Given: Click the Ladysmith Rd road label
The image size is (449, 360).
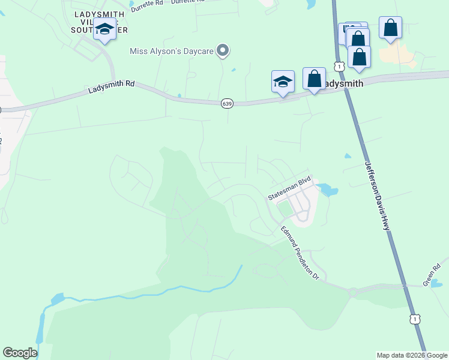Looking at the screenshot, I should [111, 87].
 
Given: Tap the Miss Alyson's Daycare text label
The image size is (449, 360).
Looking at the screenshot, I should [172, 51].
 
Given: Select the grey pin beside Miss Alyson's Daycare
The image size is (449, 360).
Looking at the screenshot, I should [223, 50].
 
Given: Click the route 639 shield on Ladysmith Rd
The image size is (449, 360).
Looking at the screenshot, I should [226, 103].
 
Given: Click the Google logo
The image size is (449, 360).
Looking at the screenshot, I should [20, 352].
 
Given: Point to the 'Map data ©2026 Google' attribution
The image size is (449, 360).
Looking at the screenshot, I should [411, 355].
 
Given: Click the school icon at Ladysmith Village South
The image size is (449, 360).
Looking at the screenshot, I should [104, 29].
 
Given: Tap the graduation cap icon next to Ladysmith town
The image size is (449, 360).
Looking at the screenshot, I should [283, 82].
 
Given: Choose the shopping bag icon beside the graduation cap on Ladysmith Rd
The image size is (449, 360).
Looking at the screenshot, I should [314, 79].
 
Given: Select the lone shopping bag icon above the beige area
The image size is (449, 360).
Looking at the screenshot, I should [390, 28].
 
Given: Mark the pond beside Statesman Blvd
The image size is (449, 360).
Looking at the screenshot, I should [328, 190].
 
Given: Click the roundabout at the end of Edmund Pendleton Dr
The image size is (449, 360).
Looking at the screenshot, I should [354, 292].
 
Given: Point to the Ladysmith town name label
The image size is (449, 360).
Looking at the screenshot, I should [343, 84].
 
